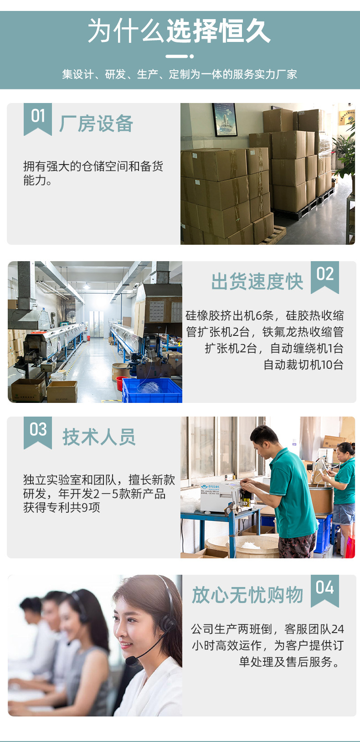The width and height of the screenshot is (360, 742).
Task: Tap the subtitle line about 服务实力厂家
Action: tap(180, 74)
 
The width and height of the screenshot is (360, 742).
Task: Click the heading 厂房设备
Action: tap(96, 124)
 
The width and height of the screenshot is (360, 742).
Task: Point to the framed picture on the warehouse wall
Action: tap(225, 119)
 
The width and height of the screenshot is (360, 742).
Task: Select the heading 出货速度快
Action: tap(257, 281)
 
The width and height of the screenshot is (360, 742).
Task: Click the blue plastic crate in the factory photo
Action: tap(152, 391)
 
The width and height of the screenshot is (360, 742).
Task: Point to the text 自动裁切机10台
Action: tap(303, 365)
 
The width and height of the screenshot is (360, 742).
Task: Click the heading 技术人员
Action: tap(99, 437)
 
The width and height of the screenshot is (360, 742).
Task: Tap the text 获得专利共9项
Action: tap(62, 507)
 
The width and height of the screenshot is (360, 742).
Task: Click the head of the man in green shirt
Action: tap(264, 438)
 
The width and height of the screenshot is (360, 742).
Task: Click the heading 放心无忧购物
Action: tap(247, 595)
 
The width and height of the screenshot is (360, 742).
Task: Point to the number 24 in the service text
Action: tap(338, 629)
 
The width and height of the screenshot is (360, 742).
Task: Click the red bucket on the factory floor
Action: tap(120, 382)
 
